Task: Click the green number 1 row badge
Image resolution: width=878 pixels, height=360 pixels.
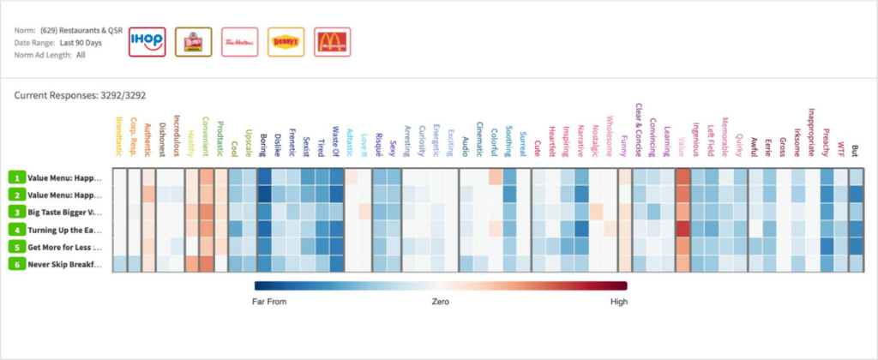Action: pyautogui.click(x=16, y=177)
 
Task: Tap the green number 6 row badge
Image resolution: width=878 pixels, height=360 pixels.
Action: pyautogui.click(x=16, y=263)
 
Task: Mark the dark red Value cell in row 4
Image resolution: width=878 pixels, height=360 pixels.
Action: pyautogui.click(x=683, y=229)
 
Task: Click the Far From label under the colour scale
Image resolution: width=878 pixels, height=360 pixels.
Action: pyautogui.click(x=270, y=302)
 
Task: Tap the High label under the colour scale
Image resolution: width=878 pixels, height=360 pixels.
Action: pyautogui.click(x=619, y=302)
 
